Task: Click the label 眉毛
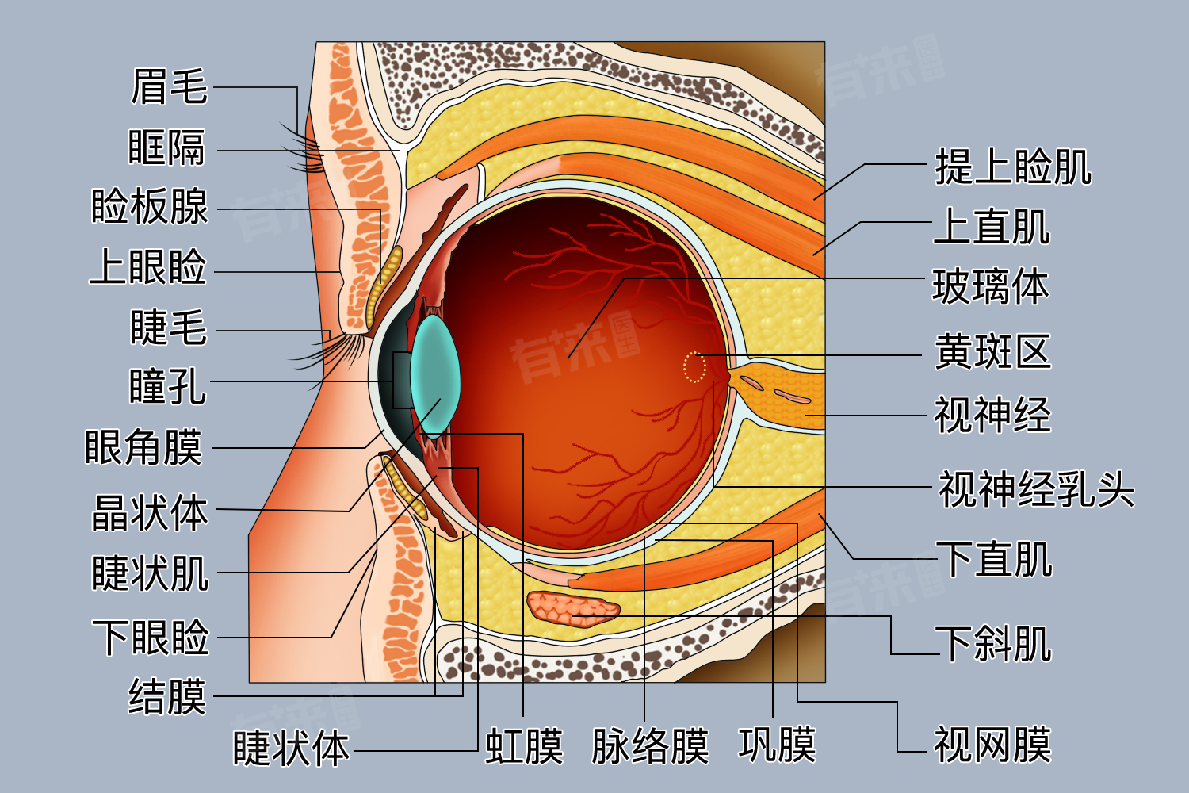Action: pos(169,86)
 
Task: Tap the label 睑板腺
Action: pos(150,207)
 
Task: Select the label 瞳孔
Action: pos(167,387)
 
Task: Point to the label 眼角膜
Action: pos(143,447)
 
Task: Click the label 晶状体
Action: pos(150,512)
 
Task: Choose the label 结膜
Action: pos(167,697)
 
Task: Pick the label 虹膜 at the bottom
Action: pos(524,746)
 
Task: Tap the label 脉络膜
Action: pos(650,746)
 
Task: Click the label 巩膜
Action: pos(777,745)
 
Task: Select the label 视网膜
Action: pos(992,745)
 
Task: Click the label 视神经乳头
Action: pos(1036,488)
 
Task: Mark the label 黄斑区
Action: pos(992,351)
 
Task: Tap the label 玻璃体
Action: pos(991,286)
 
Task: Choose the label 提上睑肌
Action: pos(1013,167)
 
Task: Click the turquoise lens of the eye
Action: pos(435,373)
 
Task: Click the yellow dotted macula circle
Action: pos(694,367)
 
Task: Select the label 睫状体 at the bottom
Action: pos(291,749)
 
